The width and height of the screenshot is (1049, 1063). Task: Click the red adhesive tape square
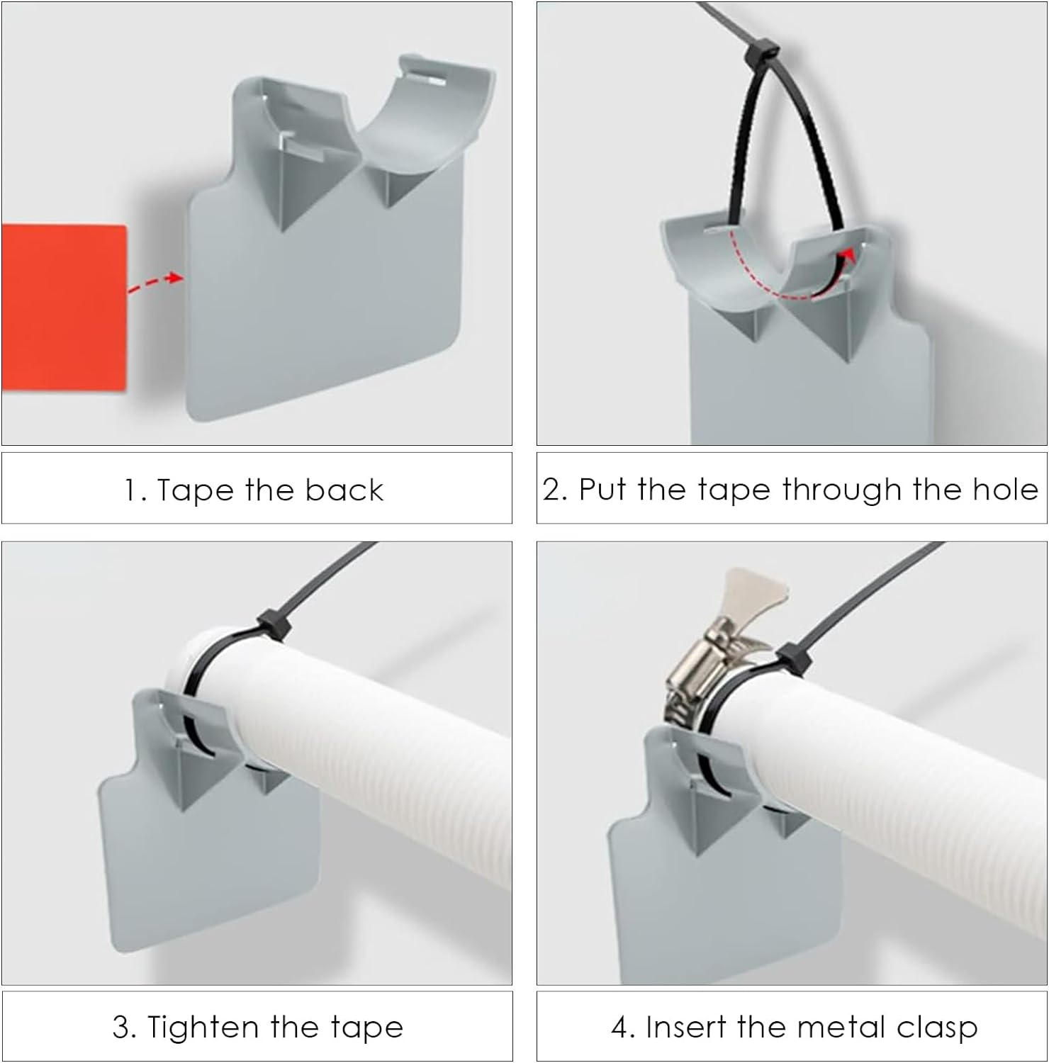click(64, 308)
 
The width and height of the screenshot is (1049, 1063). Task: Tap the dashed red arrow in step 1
click(155, 281)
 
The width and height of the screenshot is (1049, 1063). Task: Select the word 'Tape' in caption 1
click(196, 490)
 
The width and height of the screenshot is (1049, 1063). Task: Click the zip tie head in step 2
click(761, 50)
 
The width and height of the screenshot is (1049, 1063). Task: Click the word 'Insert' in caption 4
click(688, 1027)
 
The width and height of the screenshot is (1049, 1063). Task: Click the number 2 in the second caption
click(553, 490)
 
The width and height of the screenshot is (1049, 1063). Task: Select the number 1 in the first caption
click(130, 490)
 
